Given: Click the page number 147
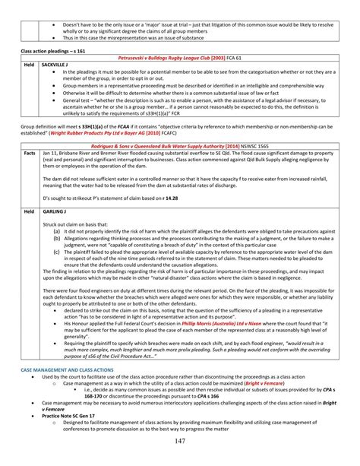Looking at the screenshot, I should (180, 443).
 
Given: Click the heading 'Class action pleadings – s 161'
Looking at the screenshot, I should (54, 49).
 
